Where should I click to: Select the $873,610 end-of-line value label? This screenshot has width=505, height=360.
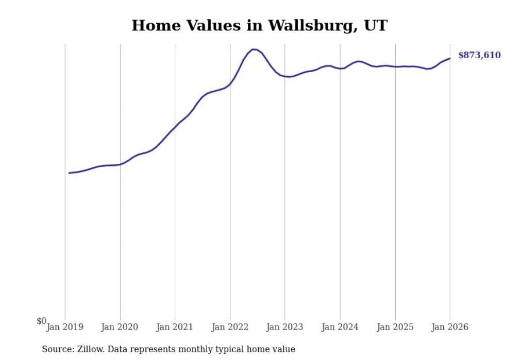[479, 55]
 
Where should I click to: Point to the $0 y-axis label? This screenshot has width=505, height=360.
[41, 321]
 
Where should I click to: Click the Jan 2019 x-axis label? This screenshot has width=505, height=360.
[65, 327]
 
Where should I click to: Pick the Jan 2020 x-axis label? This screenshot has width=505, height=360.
[120, 327]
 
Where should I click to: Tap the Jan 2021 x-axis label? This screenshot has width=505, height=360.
[175, 327]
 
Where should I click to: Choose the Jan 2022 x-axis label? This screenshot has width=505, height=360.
[230, 327]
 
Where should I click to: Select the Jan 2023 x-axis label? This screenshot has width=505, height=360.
[285, 327]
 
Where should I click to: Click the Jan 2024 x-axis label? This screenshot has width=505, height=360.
[340, 327]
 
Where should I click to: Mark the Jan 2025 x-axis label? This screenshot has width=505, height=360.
[395, 327]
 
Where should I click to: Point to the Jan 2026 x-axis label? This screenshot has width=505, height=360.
[450, 327]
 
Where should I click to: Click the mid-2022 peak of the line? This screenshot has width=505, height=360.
[253, 49]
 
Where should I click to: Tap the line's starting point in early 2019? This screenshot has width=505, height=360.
[69, 173]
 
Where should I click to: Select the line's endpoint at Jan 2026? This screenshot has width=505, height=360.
[450, 58]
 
